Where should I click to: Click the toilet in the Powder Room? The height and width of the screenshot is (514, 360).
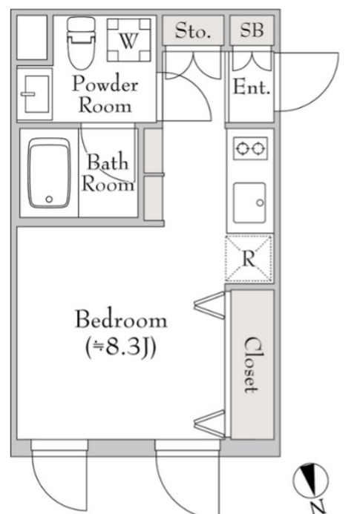pos(81,43)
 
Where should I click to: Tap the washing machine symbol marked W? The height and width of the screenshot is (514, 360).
pos(129,40)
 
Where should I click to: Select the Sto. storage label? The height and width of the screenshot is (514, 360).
pos(193,31)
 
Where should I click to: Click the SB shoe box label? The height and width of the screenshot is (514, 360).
pos(252,30)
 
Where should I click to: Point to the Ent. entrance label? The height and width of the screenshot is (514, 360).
pos(252,88)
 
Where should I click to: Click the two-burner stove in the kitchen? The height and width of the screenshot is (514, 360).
pos(250,148)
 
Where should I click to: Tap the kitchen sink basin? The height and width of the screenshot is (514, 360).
pos(249,202)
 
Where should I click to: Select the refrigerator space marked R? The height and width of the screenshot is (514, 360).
pos(249,258)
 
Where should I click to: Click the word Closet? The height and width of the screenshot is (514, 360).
pos(252,364)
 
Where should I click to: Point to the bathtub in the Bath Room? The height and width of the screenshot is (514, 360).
pos(49,173)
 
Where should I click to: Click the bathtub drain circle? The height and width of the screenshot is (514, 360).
pos(49,199)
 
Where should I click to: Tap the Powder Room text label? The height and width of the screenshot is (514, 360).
pos(105,94)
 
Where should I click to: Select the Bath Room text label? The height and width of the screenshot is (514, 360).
pos(108,172)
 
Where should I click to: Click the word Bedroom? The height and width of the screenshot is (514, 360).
pos(121,319)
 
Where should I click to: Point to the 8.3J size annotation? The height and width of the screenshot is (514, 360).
pos(120,347)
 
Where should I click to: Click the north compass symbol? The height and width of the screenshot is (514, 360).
pos(310,480)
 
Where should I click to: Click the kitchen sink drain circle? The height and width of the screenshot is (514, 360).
pos(260,202)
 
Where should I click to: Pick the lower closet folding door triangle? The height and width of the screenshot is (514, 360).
pos(210,424)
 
